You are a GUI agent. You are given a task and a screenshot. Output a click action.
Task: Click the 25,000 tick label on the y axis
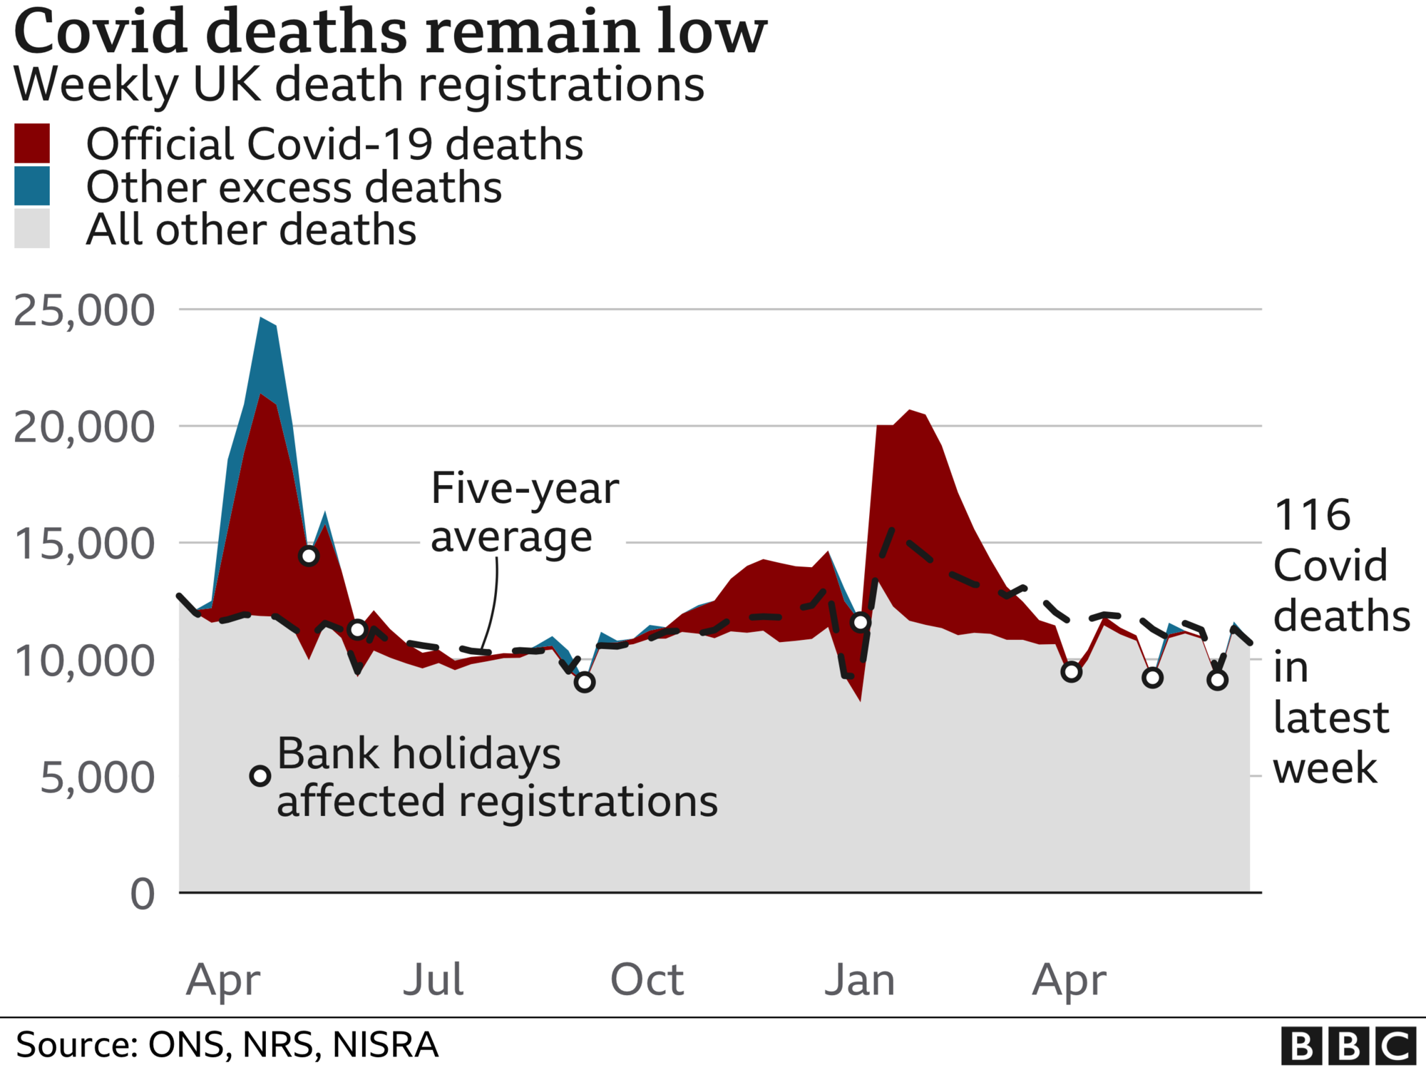(x=84, y=311)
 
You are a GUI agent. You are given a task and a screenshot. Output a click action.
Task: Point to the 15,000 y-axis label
(x=84, y=544)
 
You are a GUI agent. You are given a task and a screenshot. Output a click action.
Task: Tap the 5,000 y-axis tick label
(x=97, y=778)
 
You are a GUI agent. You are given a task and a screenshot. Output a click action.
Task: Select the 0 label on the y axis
(x=143, y=894)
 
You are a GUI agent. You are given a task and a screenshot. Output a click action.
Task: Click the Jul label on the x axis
(x=434, y=979)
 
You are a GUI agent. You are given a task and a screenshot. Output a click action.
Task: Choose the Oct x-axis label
(x=647, y=979)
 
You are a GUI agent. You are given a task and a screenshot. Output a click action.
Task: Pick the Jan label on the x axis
(x=860, y=979)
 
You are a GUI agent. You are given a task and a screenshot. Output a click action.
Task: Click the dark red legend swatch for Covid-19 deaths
(x=32, y=143)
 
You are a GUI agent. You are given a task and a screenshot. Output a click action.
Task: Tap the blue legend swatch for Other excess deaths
(x=32, y=186)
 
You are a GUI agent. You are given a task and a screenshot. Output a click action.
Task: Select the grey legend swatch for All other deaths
(x=32, y=229)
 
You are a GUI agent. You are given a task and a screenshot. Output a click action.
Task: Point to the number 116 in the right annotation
(x=1312, y=515)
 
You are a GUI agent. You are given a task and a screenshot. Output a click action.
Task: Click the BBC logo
(x=1348, y=1046)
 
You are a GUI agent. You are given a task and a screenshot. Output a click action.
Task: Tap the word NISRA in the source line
(x=385, y=1045)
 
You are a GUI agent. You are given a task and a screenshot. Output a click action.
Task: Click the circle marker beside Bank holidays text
(x=260, y=776)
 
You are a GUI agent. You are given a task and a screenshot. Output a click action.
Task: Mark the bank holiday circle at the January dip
(x=861, y=622)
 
